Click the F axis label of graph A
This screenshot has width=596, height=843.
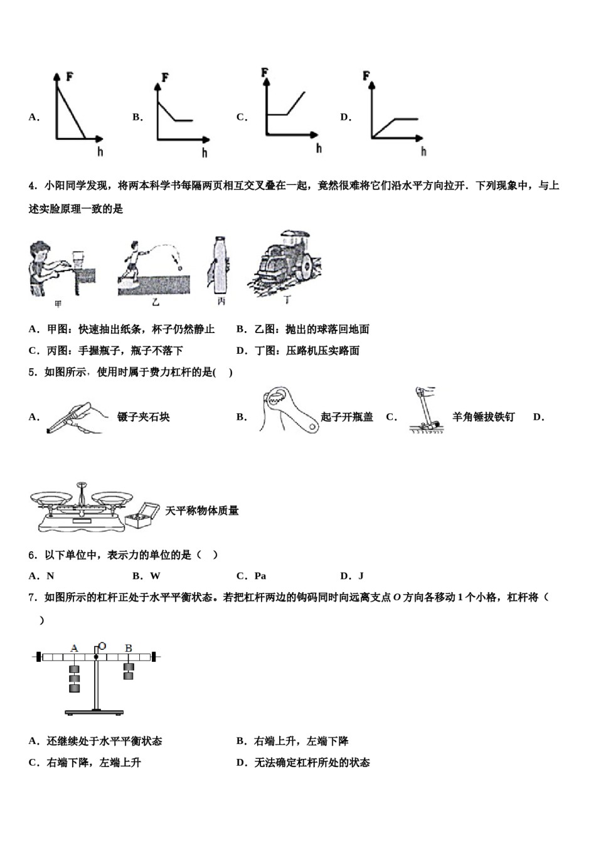pyautogui.click(x=70, y=77)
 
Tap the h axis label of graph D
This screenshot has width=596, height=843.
pyautogui.click(x=423, y=151)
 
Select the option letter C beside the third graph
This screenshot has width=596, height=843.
pyautogui.click(x=242, y=117)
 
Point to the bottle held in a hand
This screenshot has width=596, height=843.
pyautogui.click(x=220, y=264)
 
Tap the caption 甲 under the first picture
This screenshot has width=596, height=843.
pyautogui.click(x=58, y=304)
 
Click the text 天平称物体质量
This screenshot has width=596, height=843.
pyautogui.click(x=202, y=511)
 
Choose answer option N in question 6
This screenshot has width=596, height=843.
pyautogui.click(x=50, y=576)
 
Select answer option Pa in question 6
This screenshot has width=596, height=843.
pyautogui.click(x=260, y=576)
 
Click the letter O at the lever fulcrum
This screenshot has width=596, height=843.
pyautogui.click(x=102, y=646)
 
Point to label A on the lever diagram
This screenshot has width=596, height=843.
pyautogui.click(x=74, y=648)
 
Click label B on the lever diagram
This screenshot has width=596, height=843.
pyautogui.click(x=129, y=648)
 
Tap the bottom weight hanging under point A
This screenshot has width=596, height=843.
pyautogui.click(x=75, y=688)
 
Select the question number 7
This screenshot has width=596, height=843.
pyautogui.click(x=32, y=598)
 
